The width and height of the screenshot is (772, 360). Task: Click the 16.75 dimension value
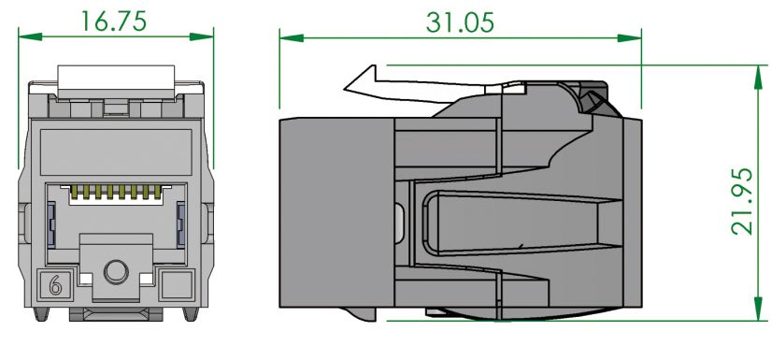point(113,21)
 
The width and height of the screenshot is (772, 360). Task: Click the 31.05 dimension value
point(460,22)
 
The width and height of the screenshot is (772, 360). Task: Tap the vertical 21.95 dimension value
point(742,201)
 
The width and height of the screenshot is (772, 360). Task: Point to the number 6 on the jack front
point(55,285)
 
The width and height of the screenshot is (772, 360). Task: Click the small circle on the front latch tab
point(116,272)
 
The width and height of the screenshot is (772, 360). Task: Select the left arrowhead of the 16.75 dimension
point(30,36)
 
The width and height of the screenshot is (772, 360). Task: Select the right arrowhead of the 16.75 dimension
point(201,36)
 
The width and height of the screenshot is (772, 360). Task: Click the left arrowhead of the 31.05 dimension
point(292,38)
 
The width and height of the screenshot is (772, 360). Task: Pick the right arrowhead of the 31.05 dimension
point(629,38)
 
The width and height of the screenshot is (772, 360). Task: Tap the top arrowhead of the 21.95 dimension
point(758,77)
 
